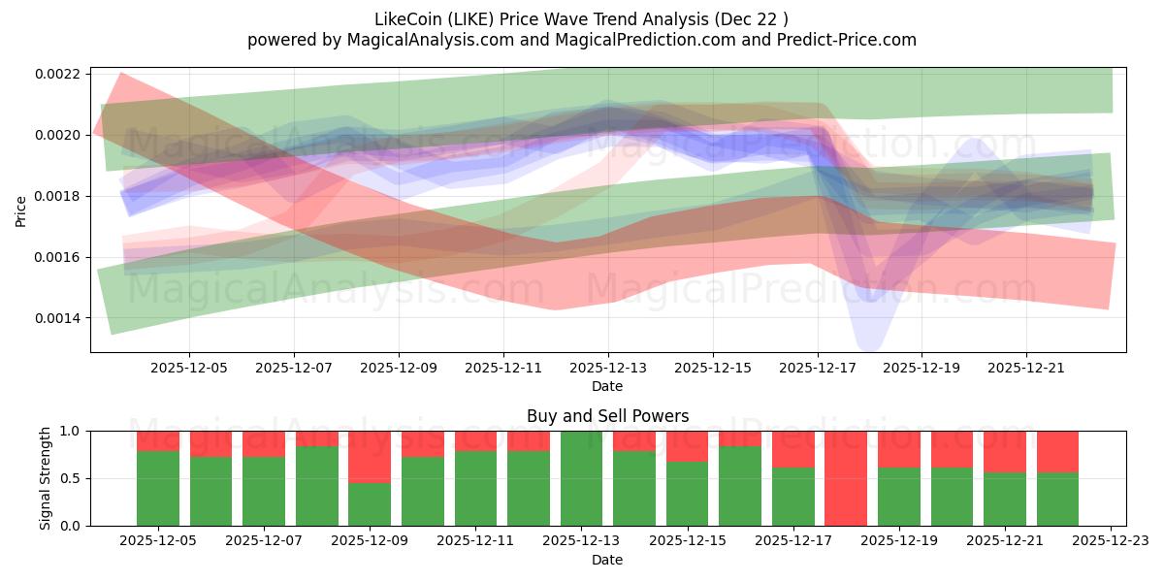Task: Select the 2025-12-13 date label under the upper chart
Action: pos(608,369)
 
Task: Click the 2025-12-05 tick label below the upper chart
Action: pos(189,369)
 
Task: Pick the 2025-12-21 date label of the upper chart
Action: pos(1027,369)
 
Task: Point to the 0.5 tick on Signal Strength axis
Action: pos(74,478)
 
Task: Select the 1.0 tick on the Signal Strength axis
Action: pos(74,431)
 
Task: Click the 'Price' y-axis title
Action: pos(21,210)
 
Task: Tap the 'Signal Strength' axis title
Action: pos(46,478)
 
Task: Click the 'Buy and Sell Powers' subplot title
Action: pos(608,416)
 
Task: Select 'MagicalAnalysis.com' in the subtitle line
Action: pos(400,40)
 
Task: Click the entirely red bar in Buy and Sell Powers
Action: pos(846,478)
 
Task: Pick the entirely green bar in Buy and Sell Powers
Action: pos(582,478)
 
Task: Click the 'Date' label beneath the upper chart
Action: pos(608,386)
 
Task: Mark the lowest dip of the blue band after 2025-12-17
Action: pos(868,345)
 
